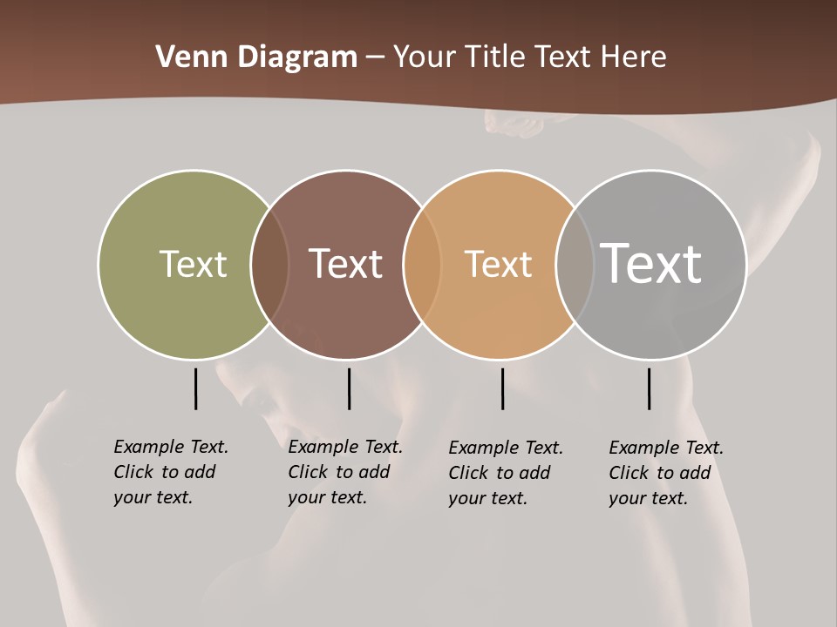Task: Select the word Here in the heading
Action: point(634,57)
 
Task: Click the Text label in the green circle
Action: point(193,264)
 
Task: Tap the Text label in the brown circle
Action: point(346,264)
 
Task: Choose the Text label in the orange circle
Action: point(498,264)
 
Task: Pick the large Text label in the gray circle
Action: point(651,263)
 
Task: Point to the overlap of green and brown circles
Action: point(269,264)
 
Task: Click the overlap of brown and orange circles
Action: point(422,264)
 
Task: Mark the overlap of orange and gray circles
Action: point(575,264)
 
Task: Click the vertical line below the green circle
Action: point(195,388)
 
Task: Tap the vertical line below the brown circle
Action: point(349,388)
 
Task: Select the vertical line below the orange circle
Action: point(502,388)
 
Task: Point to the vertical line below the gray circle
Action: point(649,388)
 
